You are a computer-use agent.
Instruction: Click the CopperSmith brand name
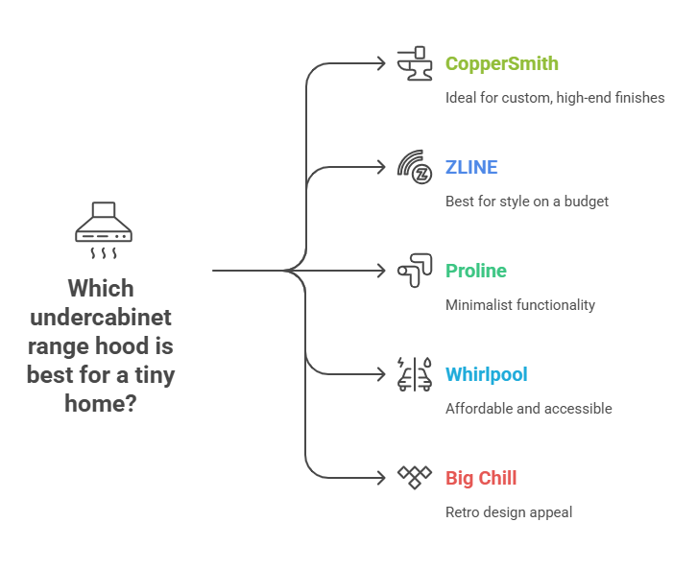coord(501,64)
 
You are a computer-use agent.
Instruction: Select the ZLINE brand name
coord(471,168)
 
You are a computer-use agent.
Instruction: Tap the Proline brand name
coord(475,271)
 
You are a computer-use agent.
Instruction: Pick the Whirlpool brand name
coord(486,374)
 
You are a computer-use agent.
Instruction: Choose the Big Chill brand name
coord(481,478)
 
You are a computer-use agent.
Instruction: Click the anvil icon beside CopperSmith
coord(415,63)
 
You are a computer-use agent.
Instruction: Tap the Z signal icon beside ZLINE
coord(415,167)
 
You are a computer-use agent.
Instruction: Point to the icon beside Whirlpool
coord(415,374)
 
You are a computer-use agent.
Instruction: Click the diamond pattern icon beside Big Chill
coord(415,477)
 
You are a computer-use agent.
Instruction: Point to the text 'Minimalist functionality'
coord(519,305)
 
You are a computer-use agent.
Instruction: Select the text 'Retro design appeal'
coord(508,512)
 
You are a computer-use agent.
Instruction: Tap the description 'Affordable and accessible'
coord(528,409)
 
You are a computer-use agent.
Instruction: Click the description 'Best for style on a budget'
coord(526,202)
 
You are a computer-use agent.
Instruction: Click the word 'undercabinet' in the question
coord(102,318)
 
